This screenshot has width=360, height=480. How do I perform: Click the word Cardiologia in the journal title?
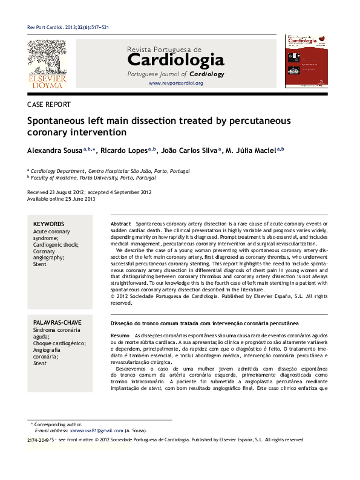coord(175,60)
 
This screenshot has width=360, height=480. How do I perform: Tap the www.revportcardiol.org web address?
coord(175,83)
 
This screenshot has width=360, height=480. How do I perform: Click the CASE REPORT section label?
coord(49,105)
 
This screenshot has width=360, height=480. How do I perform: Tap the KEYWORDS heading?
coord(48,224)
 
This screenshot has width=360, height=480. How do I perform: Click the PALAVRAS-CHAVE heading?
coord(57,323)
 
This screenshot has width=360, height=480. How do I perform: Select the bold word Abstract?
coord(120,224)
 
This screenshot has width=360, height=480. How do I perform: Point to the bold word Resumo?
coord(120,335)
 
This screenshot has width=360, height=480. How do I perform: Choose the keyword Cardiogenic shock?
coord(60,245)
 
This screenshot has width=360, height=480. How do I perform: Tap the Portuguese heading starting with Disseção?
coord(206,323)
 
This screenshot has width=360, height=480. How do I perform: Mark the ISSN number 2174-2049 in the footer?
coord(38,440)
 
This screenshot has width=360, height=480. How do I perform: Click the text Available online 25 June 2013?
coord(61,199)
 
